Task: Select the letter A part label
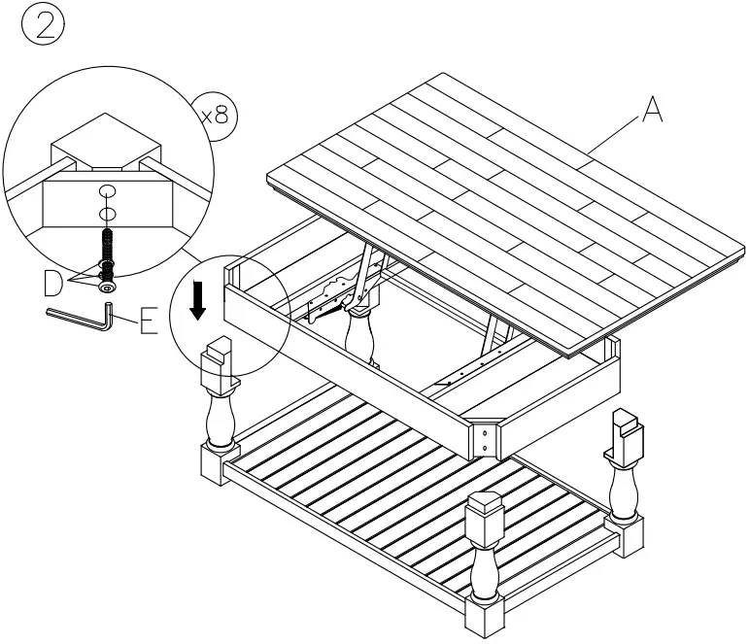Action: tap(653, 112)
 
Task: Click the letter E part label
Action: tap(148, 320)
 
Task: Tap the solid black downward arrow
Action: tap(197, 302)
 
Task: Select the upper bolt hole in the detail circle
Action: tap(108, 191)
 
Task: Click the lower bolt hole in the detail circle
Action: tap(109, 214)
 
